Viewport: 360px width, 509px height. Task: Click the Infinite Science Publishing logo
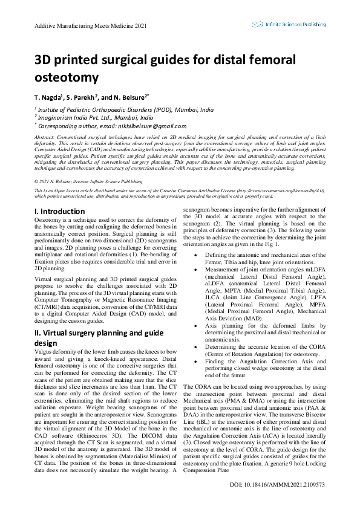pyautogui.click(x=289, y=25)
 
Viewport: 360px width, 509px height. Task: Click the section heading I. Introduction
pyautogui.click(x=59, y=211)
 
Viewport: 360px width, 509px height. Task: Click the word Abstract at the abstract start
pyautogui.click(x=44, y=138)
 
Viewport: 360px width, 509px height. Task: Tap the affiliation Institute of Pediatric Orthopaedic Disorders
pyautogui.click(x=134, y=110)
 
